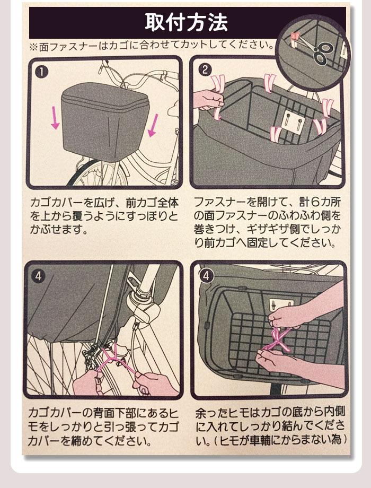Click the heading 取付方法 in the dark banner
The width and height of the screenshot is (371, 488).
click(x=186, y=22)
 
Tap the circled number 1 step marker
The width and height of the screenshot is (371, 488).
click(x=42, y=72)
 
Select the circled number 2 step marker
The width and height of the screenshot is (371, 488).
click(x=205, y=69)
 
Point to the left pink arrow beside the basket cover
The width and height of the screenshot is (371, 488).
click(x=55, y=118)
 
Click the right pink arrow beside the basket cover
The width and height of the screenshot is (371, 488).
click(x=153, y=125)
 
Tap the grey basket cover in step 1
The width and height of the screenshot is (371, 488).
click(x=105, y=121)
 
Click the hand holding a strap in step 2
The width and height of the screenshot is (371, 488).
click(x=208, y=100)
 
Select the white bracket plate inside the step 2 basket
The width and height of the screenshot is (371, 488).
click(x=293, y=123)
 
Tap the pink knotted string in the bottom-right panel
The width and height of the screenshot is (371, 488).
click(x=277, y=340)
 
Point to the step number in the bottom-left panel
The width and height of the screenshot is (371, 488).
click(x=38, y=276)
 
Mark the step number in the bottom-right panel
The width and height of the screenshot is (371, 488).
click(x=206, y=276)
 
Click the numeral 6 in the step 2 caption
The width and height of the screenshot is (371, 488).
click(x=315, y=202)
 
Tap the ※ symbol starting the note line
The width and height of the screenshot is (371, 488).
click(x=33, y=47)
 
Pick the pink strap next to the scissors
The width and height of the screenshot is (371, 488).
click(x=295, y=39)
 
